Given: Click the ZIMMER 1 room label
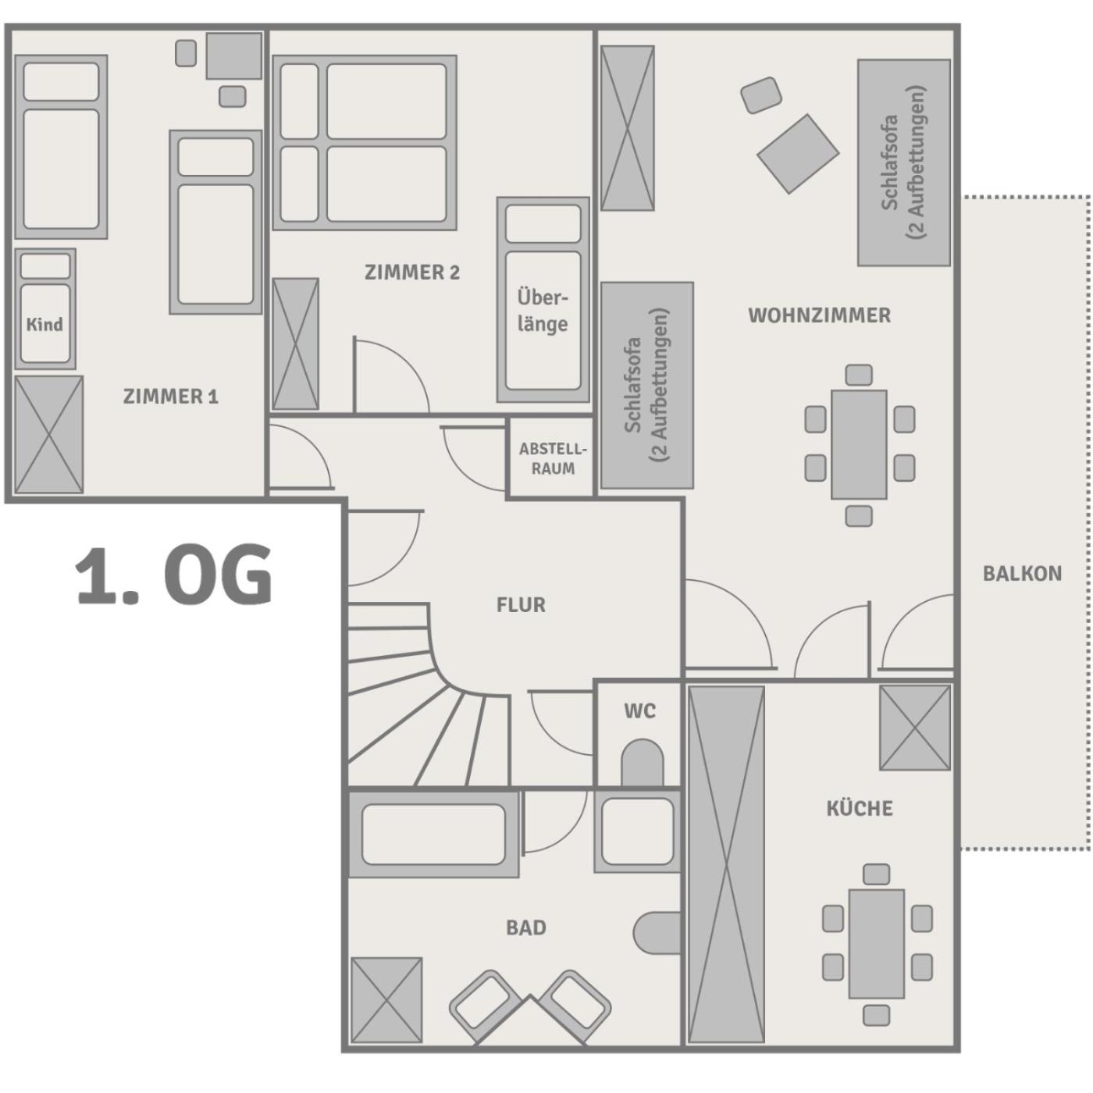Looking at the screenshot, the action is [171, 397].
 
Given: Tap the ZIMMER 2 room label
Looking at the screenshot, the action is [411, 272].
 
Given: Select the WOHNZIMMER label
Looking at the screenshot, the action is [819, 315].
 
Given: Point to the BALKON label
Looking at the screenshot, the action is [1022, 574].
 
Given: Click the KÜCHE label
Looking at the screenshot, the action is [860, 807].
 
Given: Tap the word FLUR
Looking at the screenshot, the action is [521, 605].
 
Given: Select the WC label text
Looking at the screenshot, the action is [640, 711].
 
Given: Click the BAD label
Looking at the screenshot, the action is [525, 928].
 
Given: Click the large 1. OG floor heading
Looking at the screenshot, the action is [173, 575].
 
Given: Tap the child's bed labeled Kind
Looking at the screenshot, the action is [45, 308].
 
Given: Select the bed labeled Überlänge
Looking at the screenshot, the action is [543, 300].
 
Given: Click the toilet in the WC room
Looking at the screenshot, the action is [642, 762].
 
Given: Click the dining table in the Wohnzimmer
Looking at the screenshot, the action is [859, 445].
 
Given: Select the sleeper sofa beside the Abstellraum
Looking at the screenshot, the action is [647, 385].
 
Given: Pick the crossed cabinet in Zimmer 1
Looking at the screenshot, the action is [48, 435].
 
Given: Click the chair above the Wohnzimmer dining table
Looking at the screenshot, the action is [859, 375].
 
